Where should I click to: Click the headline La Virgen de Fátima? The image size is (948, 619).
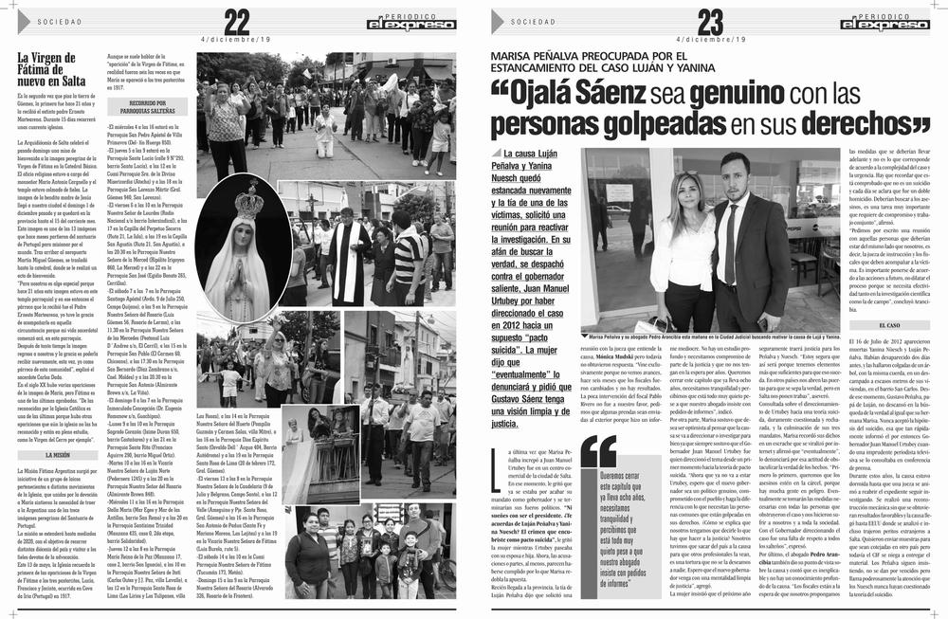tap(52, 69)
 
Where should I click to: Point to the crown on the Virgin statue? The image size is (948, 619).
tap(248, 201)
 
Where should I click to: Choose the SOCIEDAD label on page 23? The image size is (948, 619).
tap(532, 21)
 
